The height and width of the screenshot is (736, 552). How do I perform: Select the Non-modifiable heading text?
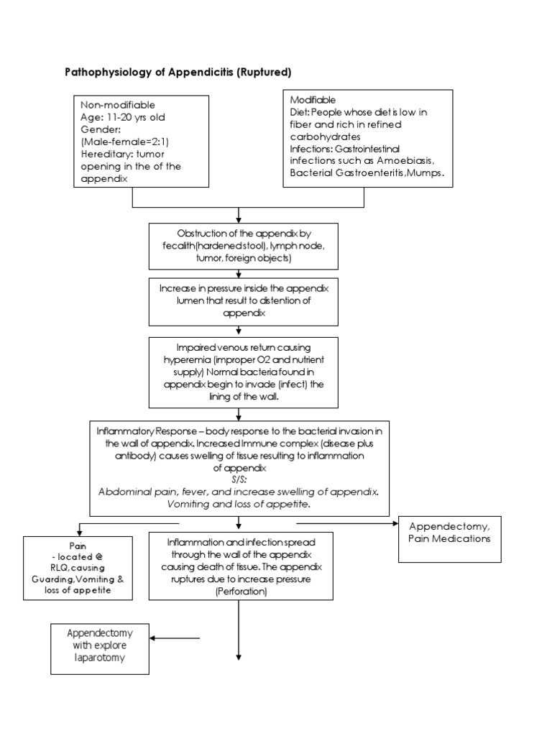pos(118,105)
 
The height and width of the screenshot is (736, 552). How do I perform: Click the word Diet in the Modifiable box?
pos(300,111)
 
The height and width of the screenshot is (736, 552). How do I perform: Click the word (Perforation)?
pos(240,592)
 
